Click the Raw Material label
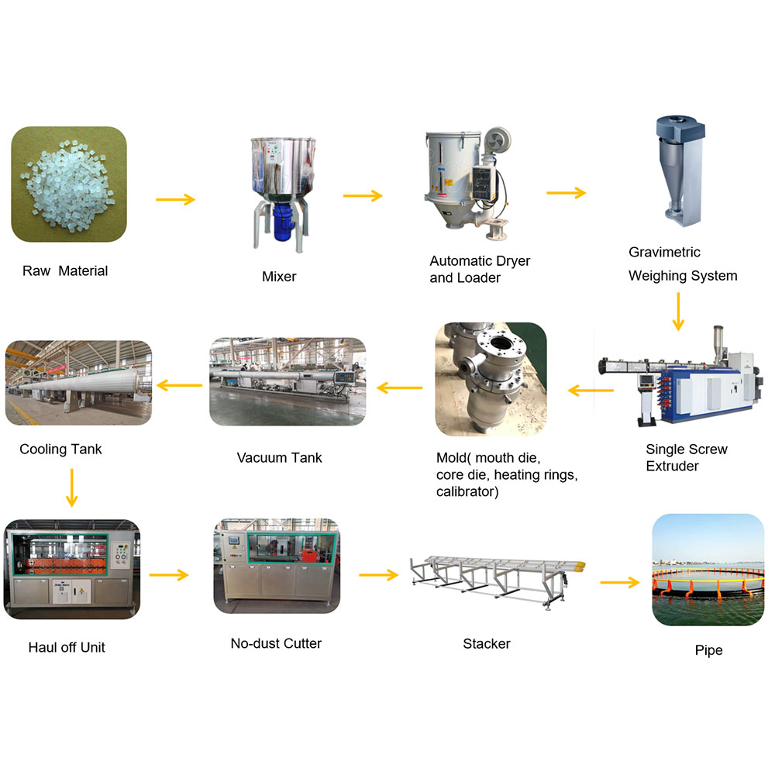click(x=65, y=270)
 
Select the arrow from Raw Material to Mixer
click(x=175, y=200)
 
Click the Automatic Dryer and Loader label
click(x=480, y=269)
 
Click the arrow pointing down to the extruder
click(x=677, y=312)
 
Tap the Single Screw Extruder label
click(x=687, y=457)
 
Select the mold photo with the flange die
click(x=491, y=379)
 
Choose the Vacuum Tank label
click(x=279, y=457)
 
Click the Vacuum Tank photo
click(x=288, y=381)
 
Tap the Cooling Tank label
click(x=60, y=449)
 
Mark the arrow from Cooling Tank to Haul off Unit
click(x=71, y=487)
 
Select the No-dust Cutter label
click(x=276, y=642)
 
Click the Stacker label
click(x=487, y=643)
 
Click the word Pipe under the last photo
click(x=708, y=650)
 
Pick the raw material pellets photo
click(x=69, y=184)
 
